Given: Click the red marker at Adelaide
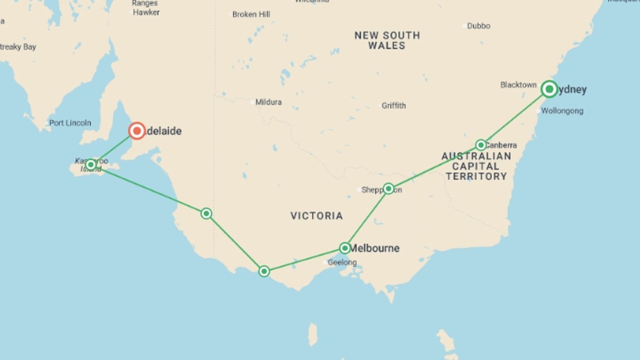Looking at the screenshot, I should [137, 131].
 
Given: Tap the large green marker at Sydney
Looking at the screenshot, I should [549, 89].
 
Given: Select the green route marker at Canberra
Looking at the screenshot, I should [481, 145].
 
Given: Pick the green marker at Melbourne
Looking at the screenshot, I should [345, 248].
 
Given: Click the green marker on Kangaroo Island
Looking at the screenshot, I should [91, 165].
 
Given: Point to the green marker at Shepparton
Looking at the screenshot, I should [388, 189].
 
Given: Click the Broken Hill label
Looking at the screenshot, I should [251, 14].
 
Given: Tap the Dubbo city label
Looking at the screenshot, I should [478, 26].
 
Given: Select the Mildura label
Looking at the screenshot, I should [268, 102].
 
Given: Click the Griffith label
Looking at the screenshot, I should [394, 106].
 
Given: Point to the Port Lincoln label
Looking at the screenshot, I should [70, 123].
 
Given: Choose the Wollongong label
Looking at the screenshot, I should [562, 111].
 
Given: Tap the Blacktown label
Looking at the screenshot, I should [518, 85].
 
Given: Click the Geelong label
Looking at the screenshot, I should [342, 262].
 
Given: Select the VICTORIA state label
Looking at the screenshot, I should [316, 216].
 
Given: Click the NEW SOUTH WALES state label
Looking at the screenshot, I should [387, 40].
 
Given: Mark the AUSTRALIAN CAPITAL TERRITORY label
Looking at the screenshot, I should [476, 166].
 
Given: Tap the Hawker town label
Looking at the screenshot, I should [146, 12].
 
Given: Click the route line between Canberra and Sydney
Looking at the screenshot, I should [515, 117].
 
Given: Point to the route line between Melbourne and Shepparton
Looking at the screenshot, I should [367, 218].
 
